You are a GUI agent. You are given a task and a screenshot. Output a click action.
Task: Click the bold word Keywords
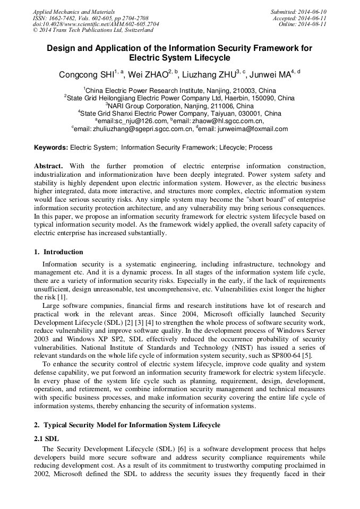[51, 147]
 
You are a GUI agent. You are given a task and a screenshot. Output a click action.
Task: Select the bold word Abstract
[48, 166]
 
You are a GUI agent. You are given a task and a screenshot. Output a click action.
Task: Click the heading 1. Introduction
[58, 252]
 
